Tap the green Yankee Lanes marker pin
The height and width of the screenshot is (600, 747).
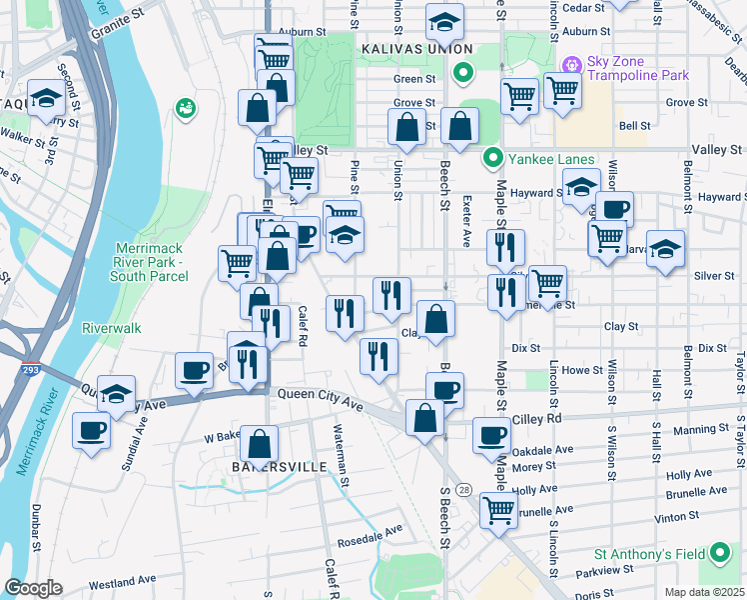(492, 159)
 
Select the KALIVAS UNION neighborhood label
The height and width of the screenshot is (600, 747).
(416, 48)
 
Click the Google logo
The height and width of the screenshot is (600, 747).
(33, 588)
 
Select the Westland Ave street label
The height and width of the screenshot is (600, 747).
(123, 579)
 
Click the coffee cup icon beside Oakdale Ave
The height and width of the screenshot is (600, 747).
(490, 435)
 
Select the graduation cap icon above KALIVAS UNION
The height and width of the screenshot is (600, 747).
(444, 20)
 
